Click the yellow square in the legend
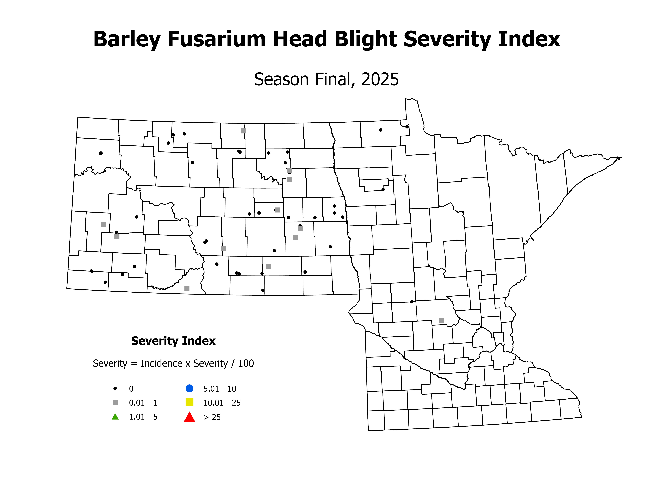pyautogui.click(x=189, y=402)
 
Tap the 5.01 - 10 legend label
pyautogui.click(x=220, y=389)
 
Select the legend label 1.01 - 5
pyautogui.click(x=143, y=417)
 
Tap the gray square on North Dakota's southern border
pyautogui.click(x=187, y=288)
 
